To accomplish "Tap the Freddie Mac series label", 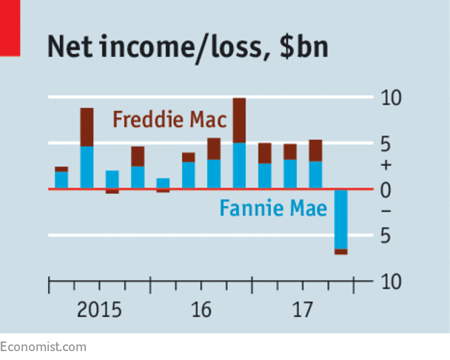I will click(x=169, y=119).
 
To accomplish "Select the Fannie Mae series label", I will click(x=272, y=209).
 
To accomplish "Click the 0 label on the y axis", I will click(x=386, y=190).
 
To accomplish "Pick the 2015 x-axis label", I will click(x=99, y=310).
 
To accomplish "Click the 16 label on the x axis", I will click(x=201, y=310).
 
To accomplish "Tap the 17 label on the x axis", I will click(x=302, y=310).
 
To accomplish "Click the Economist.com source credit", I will click(x=43, y=347).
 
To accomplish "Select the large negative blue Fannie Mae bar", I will click(x=340, y=219).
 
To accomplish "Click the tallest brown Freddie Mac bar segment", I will click(x=239, y=120).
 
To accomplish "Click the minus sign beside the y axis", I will click(x=386, y=212).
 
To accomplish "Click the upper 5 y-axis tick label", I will click(x=386, y=144).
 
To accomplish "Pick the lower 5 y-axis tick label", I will click(x=386, y=236).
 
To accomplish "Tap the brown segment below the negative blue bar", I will click(x=340, y=252).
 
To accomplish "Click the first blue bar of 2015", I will click(x=61, y=180).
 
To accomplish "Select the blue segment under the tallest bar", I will click(x=239, y=166).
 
